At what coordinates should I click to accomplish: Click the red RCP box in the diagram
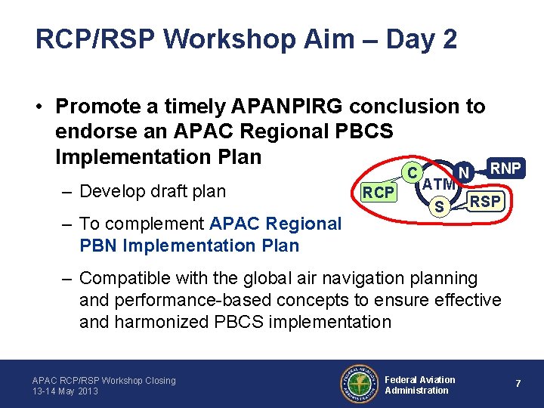tap(378, 193)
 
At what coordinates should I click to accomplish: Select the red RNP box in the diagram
tap(505, 168)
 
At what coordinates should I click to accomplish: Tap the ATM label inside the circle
tap(438, 184)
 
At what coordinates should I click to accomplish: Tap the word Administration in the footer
tap(416, 391)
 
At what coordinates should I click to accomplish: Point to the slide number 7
tap(518, 384)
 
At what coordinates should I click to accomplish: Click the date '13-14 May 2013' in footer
tap(65, 391)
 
